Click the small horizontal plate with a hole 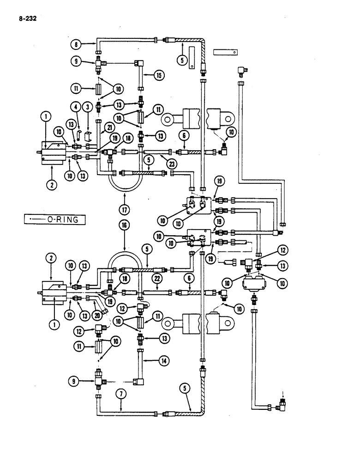tap(226, 52)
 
